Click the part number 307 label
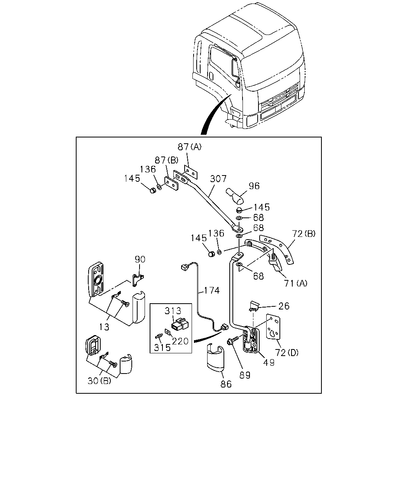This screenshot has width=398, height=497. pyautogui.click(x=218, y=179)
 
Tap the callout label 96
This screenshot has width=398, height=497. pyautogui.click(x=254, y=186)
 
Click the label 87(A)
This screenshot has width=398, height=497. pyautogui.click(x=189, y=147)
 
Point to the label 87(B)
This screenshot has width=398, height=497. pyautogui.click(x=166, y=160)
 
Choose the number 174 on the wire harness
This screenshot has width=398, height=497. pyautogui.click(x=212, y=290)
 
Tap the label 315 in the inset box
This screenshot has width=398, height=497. pyautogui.click(x=162, y=348)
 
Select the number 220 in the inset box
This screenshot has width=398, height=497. pyautogui.click(x=180, y=341)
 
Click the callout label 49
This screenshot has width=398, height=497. pyautogui.click(x=269, y=363)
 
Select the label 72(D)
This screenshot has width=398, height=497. pyautogui.click(x=287, y=353)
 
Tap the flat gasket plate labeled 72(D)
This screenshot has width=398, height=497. pyautogui.click(x=273, y=327)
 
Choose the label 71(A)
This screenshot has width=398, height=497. pyautogui.click(x=295, y=283)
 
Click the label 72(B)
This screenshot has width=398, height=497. pyautogui.click(x=304, y=234)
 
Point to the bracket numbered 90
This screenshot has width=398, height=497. pyautogui.click(x=138, y=280)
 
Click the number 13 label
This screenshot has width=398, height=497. pyautogui.click(x=104, y=327)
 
